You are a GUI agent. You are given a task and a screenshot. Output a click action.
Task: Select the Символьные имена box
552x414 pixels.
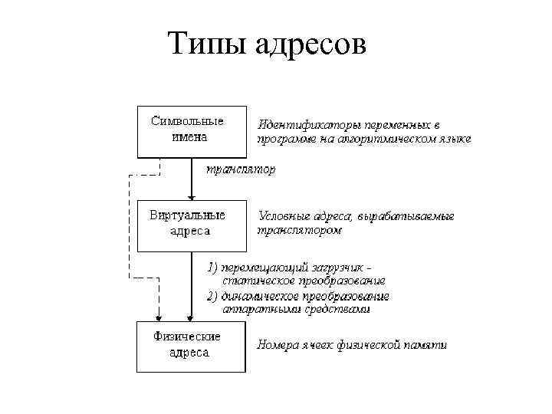[192, 130]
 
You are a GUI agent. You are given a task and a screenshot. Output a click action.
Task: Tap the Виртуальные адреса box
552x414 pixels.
[192, 225]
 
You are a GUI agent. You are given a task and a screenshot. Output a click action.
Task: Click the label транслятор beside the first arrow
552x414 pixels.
[238, 169]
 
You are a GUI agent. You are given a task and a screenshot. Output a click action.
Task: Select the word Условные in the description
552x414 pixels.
[284, 215]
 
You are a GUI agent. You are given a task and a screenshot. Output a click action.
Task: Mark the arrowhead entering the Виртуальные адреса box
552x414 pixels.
[192, 196]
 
